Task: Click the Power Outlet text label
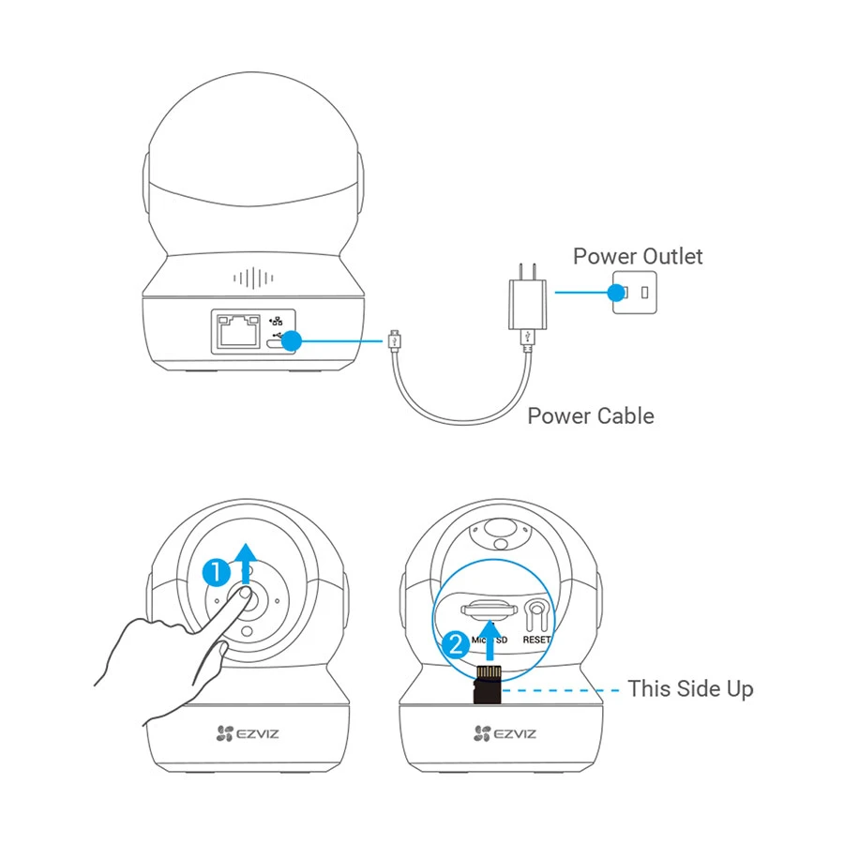[x=638, y=256]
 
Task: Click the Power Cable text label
[x=591, y=415]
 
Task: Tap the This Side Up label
[x=690, y=688]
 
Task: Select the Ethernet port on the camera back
[x=238, y=331]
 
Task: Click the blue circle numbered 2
[x=456, y=644]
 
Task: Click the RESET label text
[x=537, y=640]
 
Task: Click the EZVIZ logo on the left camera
[x=247, y=733]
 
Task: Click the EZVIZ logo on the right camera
[x=504, y=733]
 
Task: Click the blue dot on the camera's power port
[x=292, y=341]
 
